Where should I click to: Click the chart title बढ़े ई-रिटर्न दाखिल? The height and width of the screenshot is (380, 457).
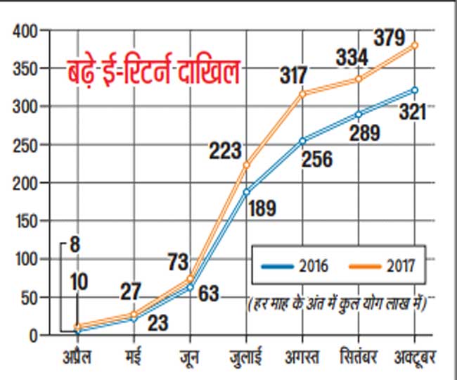(154, 72)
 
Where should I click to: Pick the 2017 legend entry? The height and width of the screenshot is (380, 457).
(380, 266)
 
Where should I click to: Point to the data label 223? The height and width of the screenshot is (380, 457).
(224, 150)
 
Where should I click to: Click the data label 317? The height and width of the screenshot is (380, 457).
(294, 75)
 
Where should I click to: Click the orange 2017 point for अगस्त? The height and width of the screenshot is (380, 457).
(302, 94)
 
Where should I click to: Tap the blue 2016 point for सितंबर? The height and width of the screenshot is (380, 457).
(359, 114)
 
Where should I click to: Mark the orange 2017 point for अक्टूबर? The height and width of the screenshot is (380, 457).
(414, 45)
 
